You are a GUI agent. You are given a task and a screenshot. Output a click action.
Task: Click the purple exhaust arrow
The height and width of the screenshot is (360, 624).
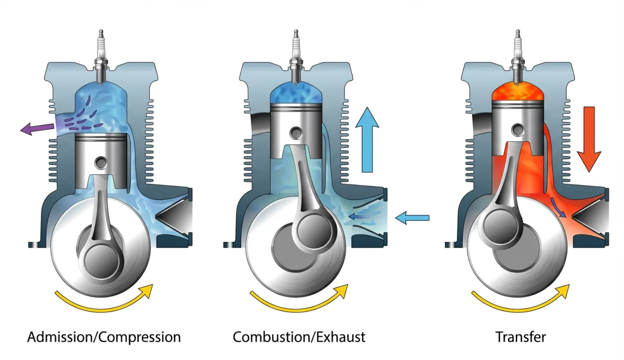[x=37, y=128]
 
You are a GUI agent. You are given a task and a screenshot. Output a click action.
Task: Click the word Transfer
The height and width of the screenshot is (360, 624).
[x=520, y=337]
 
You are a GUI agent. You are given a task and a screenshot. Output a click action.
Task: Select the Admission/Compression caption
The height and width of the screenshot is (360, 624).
[x=104, y=337]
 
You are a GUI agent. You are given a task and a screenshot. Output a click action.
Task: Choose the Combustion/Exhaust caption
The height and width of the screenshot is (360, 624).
[x=299, y=337]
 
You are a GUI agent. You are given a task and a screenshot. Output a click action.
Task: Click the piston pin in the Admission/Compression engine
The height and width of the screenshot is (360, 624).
[x=101, y=162]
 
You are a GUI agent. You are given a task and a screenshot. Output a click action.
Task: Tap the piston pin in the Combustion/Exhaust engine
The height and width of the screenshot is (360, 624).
[x=296, y=133]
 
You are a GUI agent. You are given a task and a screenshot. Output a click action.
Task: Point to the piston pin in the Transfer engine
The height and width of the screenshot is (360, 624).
[x=518, y=130]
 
